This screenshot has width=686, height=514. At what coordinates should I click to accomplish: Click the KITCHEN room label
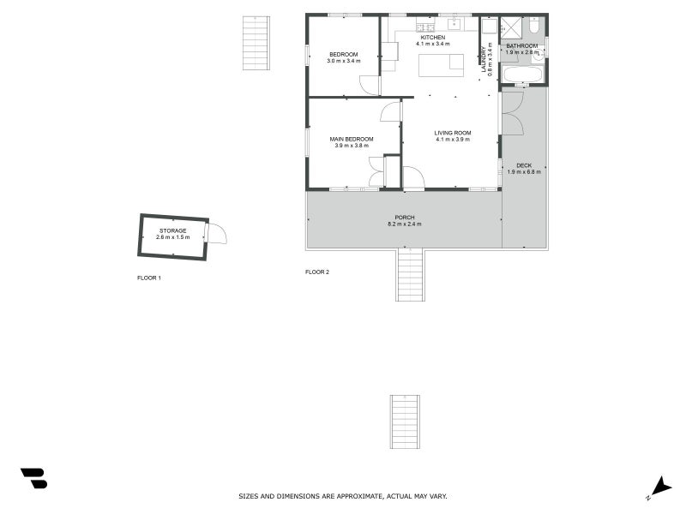click(x=431, y=37)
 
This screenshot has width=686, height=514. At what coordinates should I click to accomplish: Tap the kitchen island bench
click(x=440, y=65)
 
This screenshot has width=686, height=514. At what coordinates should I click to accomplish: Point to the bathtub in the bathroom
click(x=521, y=76)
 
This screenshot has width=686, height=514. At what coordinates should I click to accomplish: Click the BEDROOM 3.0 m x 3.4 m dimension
click(x=343, y=61)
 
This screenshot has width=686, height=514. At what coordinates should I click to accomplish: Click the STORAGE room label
click(x=172, y=230)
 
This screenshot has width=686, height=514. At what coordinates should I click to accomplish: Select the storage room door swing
click(x=216, y=233)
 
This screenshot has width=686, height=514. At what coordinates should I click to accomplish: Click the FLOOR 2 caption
click(x=317, y=272)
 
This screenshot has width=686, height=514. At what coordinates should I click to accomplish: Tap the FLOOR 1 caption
click(x=149, y=278)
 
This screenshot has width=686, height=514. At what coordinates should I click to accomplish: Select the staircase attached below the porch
click(x=410, y=274)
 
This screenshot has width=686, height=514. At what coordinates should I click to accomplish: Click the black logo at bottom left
click(x=33, y=478)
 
